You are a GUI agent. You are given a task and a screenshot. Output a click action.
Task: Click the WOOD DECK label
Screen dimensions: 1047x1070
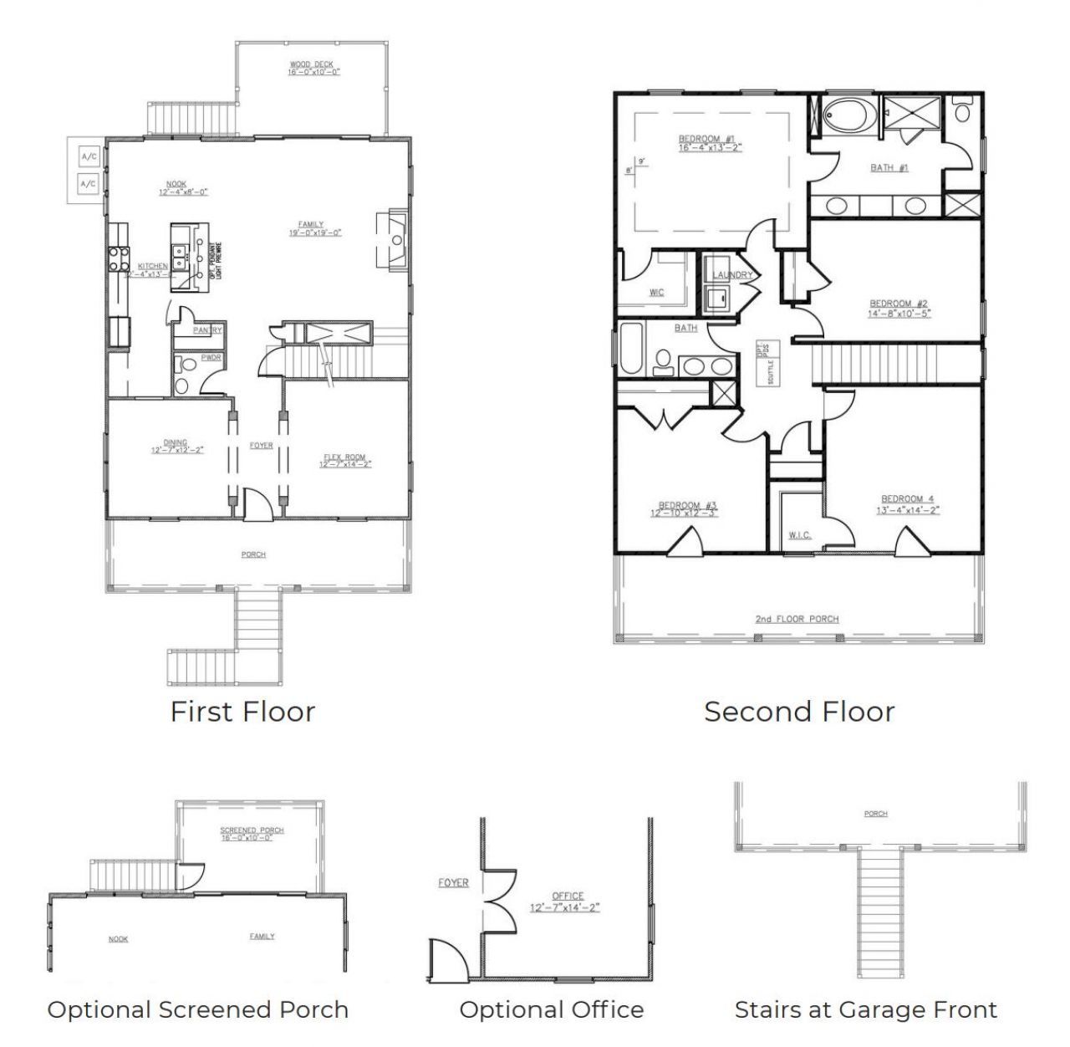point(312,64)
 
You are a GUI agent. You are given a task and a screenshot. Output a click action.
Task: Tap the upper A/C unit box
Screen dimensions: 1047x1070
point(88,156)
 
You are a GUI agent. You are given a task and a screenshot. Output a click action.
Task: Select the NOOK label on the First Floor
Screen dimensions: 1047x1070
point(176,184)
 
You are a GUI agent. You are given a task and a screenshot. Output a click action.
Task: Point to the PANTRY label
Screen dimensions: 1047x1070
point(206,330)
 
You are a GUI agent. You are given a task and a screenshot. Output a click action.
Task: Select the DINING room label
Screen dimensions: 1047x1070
point(176,442)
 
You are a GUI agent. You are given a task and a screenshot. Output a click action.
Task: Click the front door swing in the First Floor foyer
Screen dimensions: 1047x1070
point(257,506)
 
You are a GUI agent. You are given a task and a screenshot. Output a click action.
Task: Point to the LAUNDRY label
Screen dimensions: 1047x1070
point(732,275)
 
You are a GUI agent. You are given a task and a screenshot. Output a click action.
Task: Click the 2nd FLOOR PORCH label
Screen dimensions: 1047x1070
point(796,619)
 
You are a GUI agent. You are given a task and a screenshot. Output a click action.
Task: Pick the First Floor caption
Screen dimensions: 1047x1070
point(242,712)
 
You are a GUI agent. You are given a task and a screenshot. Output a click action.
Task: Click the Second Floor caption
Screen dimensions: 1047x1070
point(798,712)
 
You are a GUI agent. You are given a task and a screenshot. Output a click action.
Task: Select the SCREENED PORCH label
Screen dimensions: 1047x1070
point(252,830)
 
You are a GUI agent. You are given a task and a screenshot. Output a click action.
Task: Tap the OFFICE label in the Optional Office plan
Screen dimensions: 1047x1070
point(568,896)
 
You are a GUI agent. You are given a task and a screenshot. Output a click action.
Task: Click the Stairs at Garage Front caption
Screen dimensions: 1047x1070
point(865,1010)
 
